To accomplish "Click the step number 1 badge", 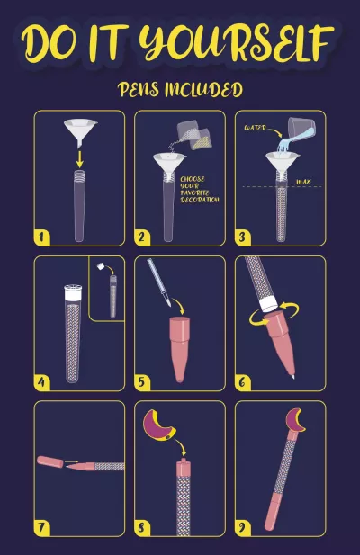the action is (41, 237).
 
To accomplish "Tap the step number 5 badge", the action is (142, 382).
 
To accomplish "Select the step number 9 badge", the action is (242, 527).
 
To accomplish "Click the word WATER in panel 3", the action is (255, 128).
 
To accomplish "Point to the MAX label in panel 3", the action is (303, 182).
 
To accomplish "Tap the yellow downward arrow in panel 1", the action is (80, 159).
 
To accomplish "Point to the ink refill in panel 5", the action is (159, 282).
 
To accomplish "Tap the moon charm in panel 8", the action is (158, 425).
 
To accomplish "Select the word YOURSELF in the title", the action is (236, 42).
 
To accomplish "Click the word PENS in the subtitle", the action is (138, 89).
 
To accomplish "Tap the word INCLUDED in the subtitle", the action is (204, 90).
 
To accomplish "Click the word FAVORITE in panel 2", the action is (195, 192).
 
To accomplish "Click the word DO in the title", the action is (49, 43).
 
